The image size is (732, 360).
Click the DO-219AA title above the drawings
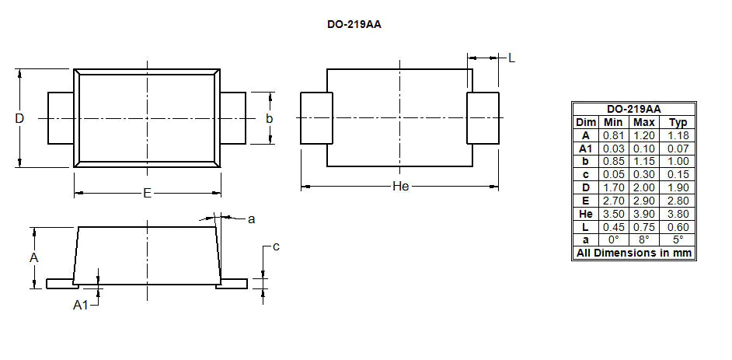(354, 24)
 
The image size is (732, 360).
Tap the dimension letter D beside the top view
(19, 118)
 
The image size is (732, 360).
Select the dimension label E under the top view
(147, 193)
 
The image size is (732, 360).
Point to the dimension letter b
(270, 118)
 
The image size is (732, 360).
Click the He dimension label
(400, 187)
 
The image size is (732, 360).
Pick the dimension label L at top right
(511, 58)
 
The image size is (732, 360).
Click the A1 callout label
(81, 306)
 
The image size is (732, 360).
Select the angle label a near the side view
(251, 219)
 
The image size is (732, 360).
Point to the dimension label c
(275, 246)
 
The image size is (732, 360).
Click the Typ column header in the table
(678, 122)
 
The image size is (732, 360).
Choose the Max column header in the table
(643, 122)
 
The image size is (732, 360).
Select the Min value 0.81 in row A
(613, 135)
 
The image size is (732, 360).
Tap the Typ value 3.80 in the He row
(678, 214)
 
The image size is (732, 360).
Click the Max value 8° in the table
(643, 240)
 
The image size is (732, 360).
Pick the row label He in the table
(586, 214)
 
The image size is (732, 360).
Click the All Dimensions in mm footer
(633, 253)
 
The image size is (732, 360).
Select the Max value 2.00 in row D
(643, 187)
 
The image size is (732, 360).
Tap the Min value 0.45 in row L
(613, 227)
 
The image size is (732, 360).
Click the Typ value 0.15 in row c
(678, 174)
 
